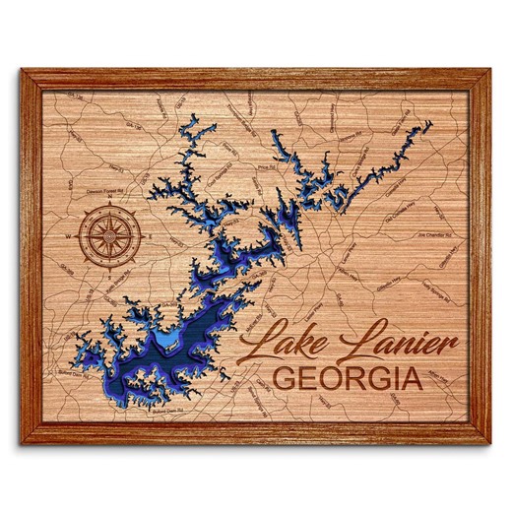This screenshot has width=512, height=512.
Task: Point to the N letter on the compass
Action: (106, 204)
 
